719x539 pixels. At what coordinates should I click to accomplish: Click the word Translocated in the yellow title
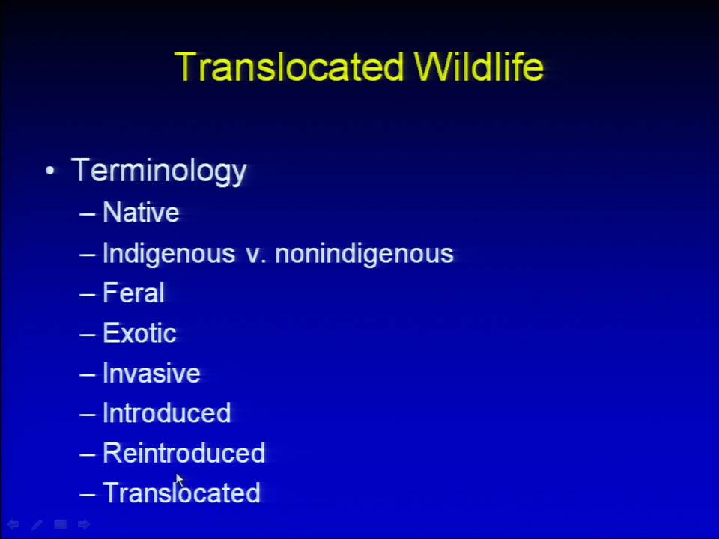pos(289,67)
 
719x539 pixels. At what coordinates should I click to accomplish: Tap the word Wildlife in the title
pos(479,67)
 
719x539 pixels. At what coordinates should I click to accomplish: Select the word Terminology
pos(159,171)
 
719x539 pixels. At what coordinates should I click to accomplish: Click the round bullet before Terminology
pos(50,171)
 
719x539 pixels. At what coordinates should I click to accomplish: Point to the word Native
pos(141,212)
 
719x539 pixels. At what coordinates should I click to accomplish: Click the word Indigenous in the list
pos(169,254)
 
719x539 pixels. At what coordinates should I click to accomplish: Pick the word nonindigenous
pos(364,254)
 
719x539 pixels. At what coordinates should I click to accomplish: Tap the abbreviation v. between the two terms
pos(256,255)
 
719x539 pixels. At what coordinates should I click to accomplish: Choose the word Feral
pos(133,293)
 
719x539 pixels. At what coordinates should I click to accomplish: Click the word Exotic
pos(139,332)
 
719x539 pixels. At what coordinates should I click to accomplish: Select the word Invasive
pos(151,373)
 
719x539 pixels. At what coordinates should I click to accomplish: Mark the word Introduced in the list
pos(167,412)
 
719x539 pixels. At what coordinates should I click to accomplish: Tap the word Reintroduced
pos(184,453)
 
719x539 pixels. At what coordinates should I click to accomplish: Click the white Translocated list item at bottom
pos(181,493)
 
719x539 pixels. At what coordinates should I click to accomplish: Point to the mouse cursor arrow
pos(179,480)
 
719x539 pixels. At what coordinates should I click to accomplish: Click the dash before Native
pos(87,213)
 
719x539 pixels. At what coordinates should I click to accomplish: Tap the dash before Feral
pos(87,294)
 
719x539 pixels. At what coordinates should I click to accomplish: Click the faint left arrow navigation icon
pos(13,524)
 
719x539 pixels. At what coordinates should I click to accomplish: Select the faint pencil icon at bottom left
pos(37,524)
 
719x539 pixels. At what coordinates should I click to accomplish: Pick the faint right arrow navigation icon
pos(84,524)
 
